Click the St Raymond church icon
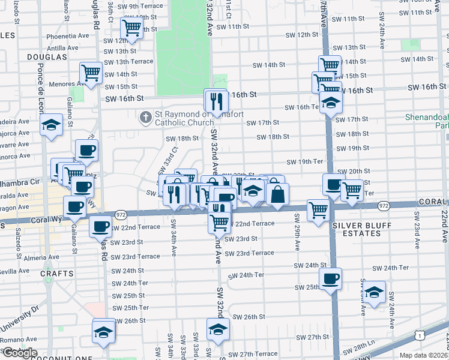(145, 117)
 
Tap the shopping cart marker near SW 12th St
(131, 27)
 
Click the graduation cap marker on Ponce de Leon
(52, 125)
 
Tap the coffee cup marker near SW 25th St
(330, 278)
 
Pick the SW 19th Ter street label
(305, 162)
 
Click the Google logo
(19, 353)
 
